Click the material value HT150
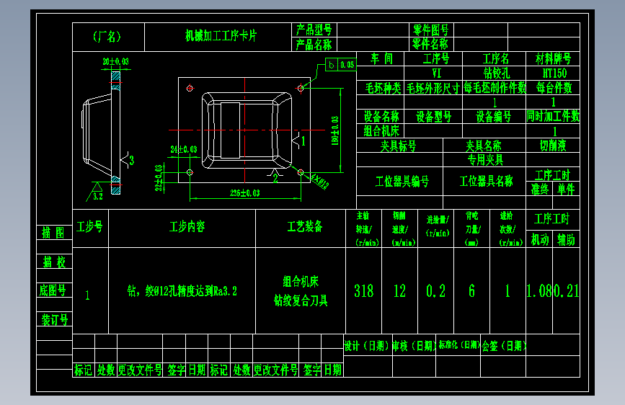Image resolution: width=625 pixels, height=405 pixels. click(x=554, y=73)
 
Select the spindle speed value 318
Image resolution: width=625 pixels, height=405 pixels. click(x=364, y=290)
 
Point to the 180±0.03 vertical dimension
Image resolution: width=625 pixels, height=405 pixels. click(x=334, y=130)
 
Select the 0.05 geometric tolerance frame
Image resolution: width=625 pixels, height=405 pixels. click(x=341, y=65)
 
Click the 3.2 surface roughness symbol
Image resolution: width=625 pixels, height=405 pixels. click(x=97, y=193)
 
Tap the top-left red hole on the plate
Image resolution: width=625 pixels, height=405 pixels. click(x=189, y=89)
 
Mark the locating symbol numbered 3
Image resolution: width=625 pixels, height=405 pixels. click(x=128, y=159)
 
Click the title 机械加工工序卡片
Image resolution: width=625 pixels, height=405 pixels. click(x=221, y=35)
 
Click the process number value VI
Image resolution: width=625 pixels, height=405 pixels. click(x=436, y=73)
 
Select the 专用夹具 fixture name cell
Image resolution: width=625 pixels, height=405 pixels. click(x=485, y=159)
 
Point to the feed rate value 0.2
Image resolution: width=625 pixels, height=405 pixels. click(x=435, y=290)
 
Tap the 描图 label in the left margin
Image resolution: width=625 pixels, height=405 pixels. click(x=53, y=232)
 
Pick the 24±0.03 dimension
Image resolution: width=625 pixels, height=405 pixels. click(x=183, y=149)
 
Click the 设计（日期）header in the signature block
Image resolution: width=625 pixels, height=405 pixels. click(x=366, y=345)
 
